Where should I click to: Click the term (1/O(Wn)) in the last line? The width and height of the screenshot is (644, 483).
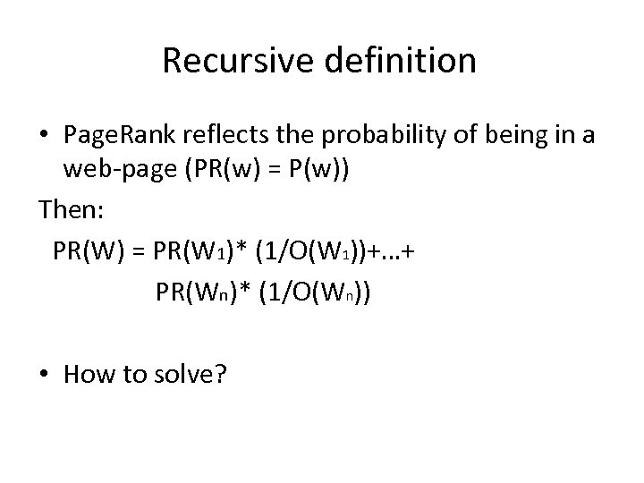(318, 292)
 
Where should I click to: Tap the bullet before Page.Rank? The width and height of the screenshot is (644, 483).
(43, 135)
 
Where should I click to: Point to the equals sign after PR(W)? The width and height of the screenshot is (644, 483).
(139, 251)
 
